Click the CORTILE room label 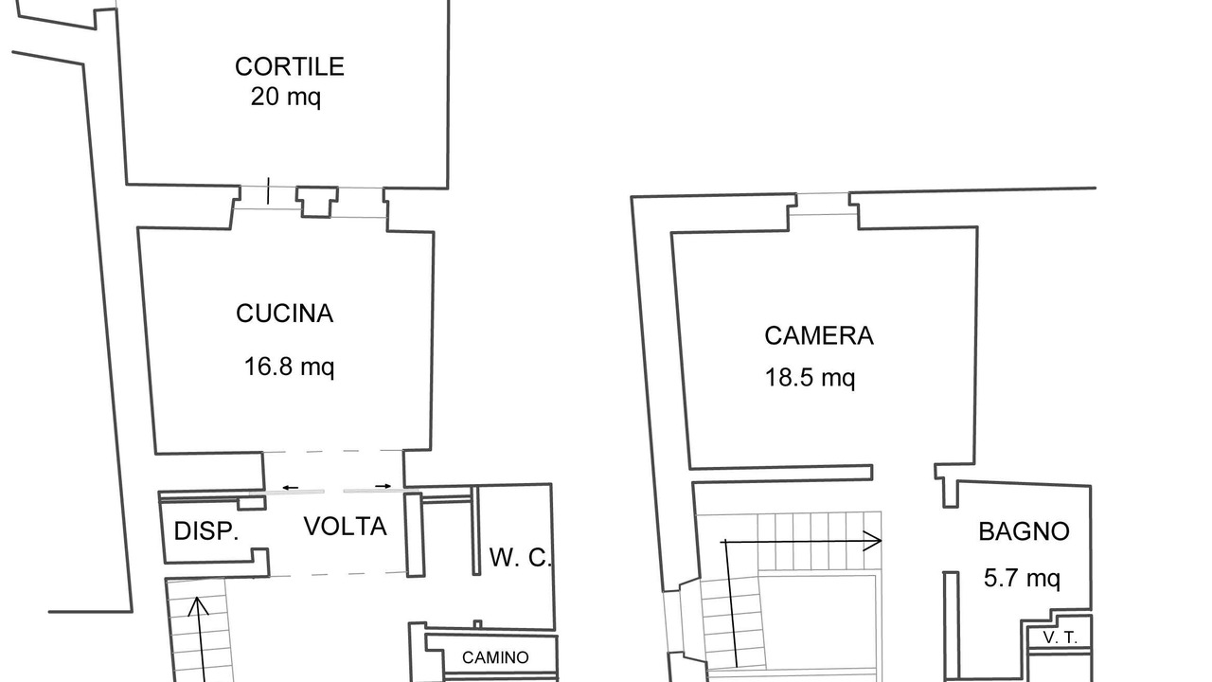[290, 66]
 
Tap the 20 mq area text [286, 97]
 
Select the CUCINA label [285, 314]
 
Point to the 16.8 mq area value [289, 367]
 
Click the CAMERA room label [819, 335]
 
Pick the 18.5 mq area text [810, 377]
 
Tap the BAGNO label [1024, 531]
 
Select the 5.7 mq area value [1022, 578]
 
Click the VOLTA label [346, 526]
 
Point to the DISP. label [206, 531]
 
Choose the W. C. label [520, 558]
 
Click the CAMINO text [495, 657]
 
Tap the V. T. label [1060, 638]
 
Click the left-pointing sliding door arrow [290, 488]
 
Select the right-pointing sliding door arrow [383, 486]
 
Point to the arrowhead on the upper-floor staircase [873, 541]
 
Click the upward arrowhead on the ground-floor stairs [198, 605]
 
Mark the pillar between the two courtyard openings [317, 202]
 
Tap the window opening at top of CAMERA [823, 204]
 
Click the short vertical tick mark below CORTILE [268, 191]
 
